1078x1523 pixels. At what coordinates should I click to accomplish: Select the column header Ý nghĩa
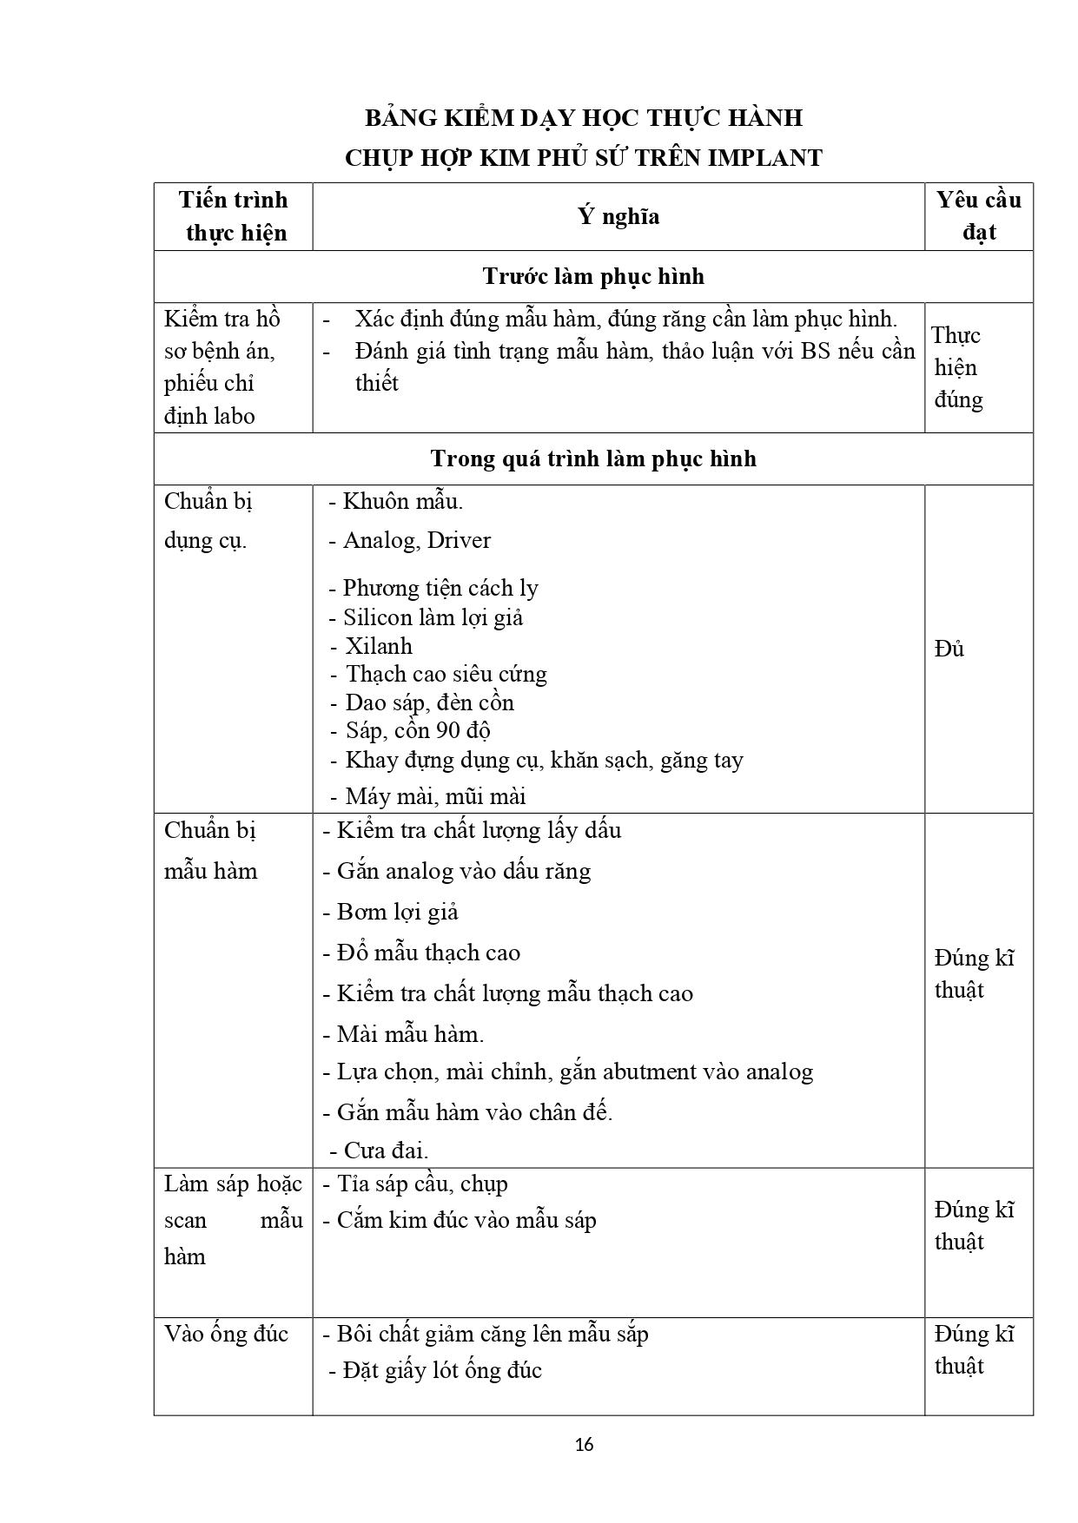(x=618, y=216)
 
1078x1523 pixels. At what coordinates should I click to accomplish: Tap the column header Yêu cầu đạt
(x=978, y=216)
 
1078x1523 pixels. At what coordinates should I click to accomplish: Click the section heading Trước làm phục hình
(x=592, y=277)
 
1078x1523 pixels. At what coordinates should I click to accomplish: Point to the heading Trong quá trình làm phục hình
(x=592, y=458)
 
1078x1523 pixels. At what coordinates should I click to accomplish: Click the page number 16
(x=585, y=1445)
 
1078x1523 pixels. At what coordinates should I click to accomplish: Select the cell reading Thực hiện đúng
(x=957, y=367)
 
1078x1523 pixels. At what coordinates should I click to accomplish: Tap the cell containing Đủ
(x=949, y=649)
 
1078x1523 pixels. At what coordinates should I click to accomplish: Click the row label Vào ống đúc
(x=226, y=1333)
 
